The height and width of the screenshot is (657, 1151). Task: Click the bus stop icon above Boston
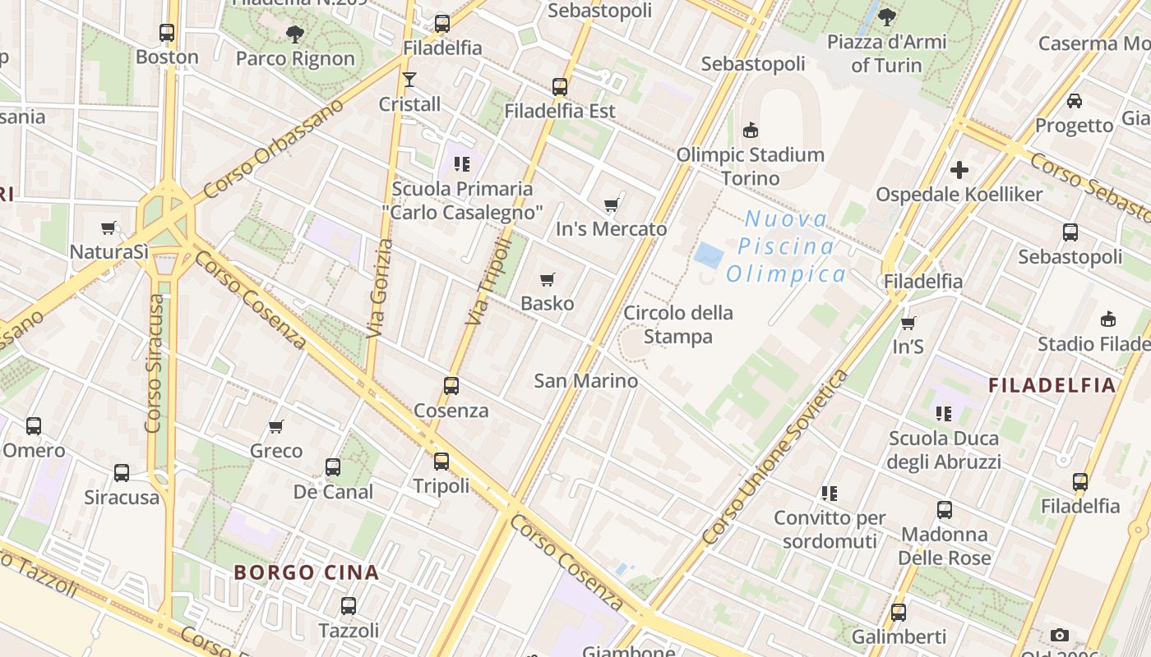(167, 33)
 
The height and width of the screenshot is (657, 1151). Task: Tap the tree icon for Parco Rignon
(294, 34)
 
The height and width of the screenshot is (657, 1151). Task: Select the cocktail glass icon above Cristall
(409, 80)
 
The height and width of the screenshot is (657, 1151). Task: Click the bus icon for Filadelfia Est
(560, 86)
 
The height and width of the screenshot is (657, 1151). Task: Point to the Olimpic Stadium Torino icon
(750, 130)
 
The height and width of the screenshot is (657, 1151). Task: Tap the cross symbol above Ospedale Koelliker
(959, 170)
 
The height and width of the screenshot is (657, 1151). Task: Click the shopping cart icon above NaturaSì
(109, 227)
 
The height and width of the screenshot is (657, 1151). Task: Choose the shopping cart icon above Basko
(548, 279)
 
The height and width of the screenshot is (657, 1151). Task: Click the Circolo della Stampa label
(678, 324)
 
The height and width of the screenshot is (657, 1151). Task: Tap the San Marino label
(585, 380)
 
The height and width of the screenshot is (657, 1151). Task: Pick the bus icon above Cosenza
(451, 385)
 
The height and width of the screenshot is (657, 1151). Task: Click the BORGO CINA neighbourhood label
(307, 572)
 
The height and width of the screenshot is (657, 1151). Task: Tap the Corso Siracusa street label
(155, 363)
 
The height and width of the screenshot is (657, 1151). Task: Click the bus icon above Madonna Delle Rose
(944, 510)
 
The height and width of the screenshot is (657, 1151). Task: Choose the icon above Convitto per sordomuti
(829, 494)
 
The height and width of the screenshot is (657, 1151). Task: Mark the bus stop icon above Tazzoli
(349, 606)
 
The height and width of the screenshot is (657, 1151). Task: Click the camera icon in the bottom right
(1059, 635)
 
